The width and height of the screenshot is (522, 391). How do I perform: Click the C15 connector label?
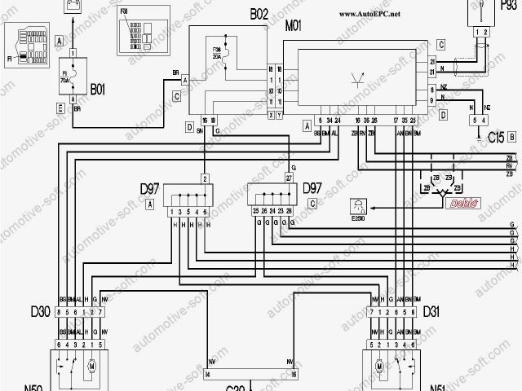coord(494,138)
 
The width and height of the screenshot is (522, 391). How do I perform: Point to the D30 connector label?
coord(40,311)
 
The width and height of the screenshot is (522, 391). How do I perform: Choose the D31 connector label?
coord(431,311)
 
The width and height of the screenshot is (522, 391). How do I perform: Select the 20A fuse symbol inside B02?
coord(220,56)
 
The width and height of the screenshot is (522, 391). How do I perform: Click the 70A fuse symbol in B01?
coord(73,71)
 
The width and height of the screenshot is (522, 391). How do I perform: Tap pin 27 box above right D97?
coord(289,177)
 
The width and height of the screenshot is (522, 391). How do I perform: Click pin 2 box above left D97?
coord(206,177)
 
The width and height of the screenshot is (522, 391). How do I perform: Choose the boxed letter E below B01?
coord(60,107)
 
